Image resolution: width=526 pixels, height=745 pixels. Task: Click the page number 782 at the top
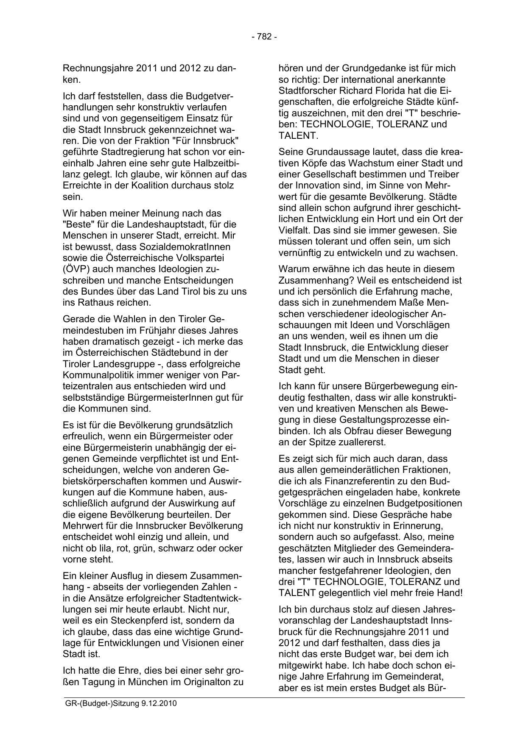click(x=264, y=37)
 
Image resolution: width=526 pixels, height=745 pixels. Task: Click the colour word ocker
click(x=231, y=548)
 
